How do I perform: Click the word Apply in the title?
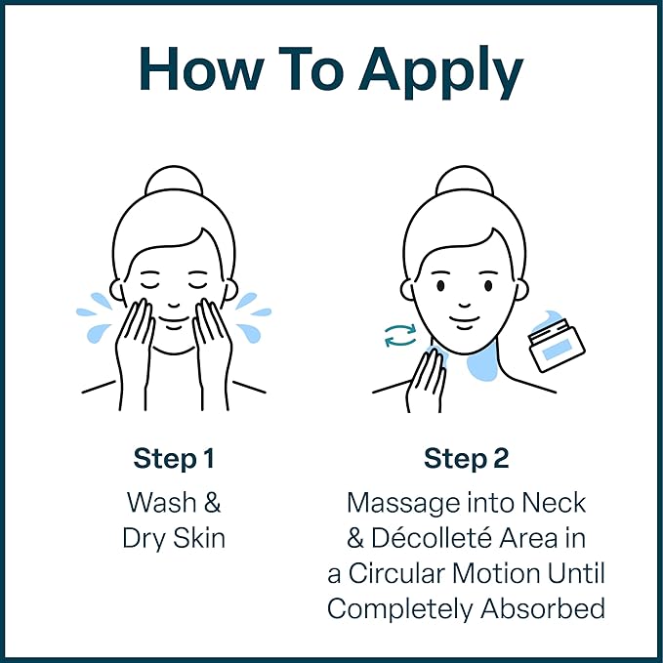pos(441,72)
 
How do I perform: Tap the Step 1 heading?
pos(174,459)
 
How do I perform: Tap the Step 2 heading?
pos(466,459)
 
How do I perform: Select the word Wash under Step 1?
pos(161,503)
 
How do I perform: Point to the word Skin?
pos(199,538)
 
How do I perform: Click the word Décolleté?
pos(433,538)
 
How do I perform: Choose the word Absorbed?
pos(543,609)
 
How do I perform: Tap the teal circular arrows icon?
pos(400,335)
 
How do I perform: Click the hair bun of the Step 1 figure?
pos(174,182)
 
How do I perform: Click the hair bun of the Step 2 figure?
pos(465,182)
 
